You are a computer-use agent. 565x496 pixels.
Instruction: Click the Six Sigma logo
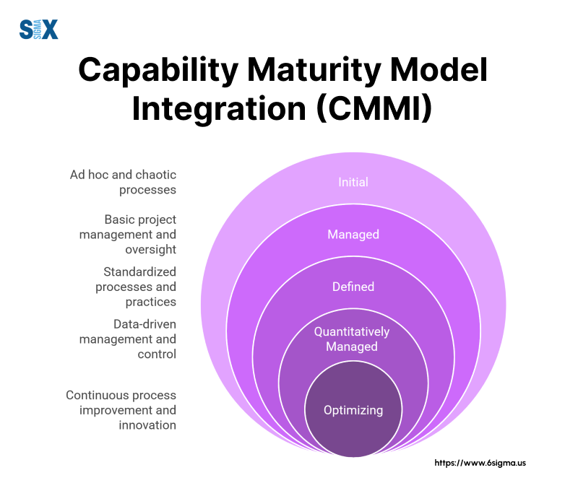tap(38, 30)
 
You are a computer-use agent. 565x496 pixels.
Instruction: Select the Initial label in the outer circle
tap(353, 182)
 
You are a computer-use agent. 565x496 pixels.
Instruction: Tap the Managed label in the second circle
tap(353, 235)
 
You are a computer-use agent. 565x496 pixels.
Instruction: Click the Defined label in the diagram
tap(353, 287)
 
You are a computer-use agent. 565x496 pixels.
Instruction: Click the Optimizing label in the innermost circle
tap(353, 410)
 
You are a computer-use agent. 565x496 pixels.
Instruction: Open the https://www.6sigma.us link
tap(480, 463)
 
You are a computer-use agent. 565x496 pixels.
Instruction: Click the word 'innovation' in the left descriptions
tap(147, 425)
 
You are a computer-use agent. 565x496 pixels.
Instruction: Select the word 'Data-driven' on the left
tap(145, 324)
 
